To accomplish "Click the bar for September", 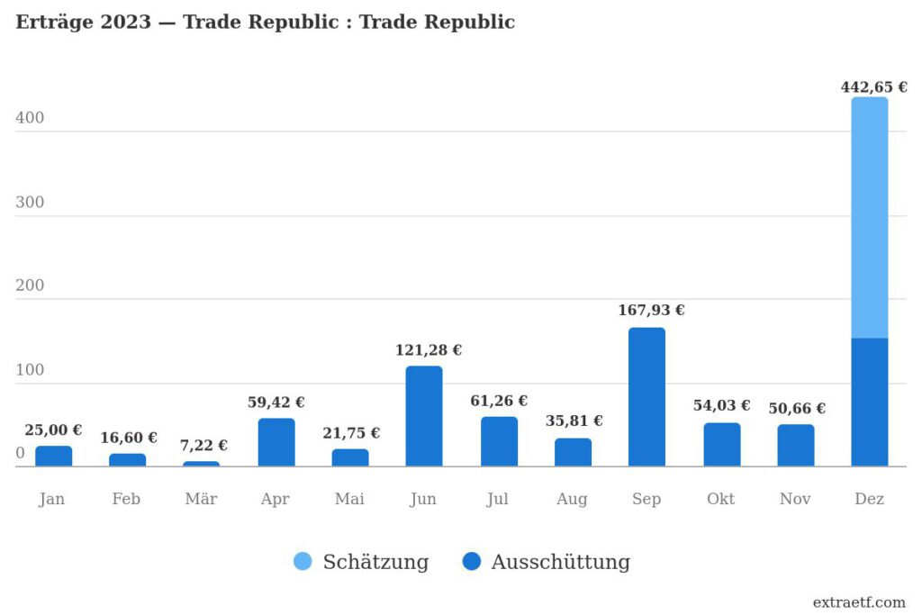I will tap(646, 397).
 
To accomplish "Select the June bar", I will tap(424, 416).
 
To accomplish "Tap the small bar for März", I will tap(201, 464).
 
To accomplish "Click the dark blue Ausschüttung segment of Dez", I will tap(869, 402).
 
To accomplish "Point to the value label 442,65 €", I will tap(873, 87).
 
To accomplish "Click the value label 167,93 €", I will tap(651, 311).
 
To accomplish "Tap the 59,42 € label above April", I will tap(276, 402).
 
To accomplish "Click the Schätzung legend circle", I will tap(303, 562).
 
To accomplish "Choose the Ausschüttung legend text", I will tap(560, 562).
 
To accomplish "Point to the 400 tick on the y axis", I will tap(30, 119).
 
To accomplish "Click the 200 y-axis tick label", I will tap(30, 286).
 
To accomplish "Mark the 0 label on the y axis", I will tap(20, 453).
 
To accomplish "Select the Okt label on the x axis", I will tap(720, 499).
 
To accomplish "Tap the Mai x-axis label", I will tap(349, 499).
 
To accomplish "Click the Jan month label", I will tap(52, 499).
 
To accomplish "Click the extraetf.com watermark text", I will tap(858, 602).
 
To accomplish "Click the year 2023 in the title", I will tap(126, 23).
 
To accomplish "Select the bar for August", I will tap(573, 452).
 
